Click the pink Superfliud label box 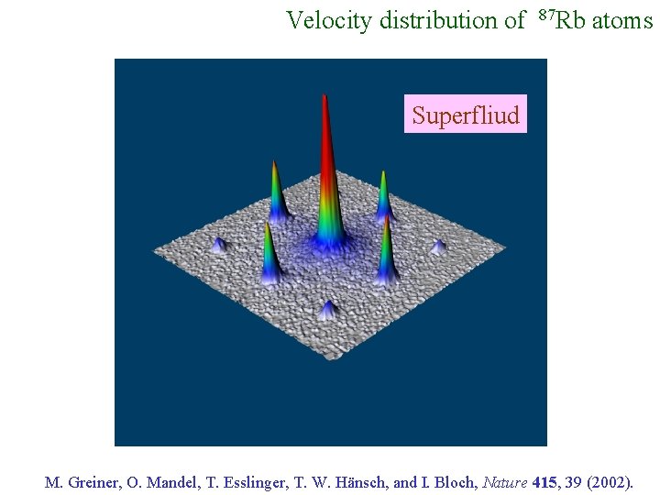tap(466, 115)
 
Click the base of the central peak tap(328, 241)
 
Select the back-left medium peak tap(276, 192)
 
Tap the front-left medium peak tap(269, 257)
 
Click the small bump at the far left tap(218, 245)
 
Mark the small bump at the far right tap(438, 247)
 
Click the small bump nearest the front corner tap(327, 310)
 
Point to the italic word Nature tap(505, 482)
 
